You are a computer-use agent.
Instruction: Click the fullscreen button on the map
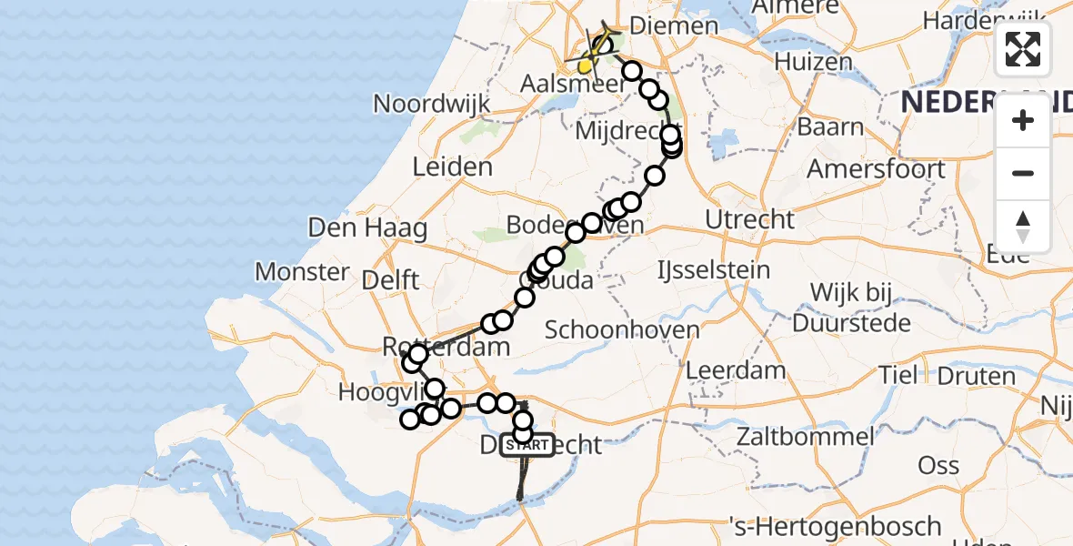pos(1023,49)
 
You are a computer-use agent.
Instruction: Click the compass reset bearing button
pos(1023,227)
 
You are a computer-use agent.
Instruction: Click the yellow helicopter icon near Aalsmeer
pos(587,66)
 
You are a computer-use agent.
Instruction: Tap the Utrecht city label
pos(749,219)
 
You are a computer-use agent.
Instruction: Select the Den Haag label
pos(367,227)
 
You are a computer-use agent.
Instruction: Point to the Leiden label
pos(452,167)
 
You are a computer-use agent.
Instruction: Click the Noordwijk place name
pos(432,103)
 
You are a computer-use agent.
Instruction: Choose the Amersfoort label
pos(876,169)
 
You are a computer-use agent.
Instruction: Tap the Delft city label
pos(390,279)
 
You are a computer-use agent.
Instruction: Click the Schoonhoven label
pos(622,330)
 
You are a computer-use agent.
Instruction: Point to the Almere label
pos(796,7)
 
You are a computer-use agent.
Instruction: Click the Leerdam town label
pos(736,370)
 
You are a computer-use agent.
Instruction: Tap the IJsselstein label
pos(714,270)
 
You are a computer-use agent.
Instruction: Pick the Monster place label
pos(302,271)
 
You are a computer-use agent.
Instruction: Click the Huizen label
pos(814,62)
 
